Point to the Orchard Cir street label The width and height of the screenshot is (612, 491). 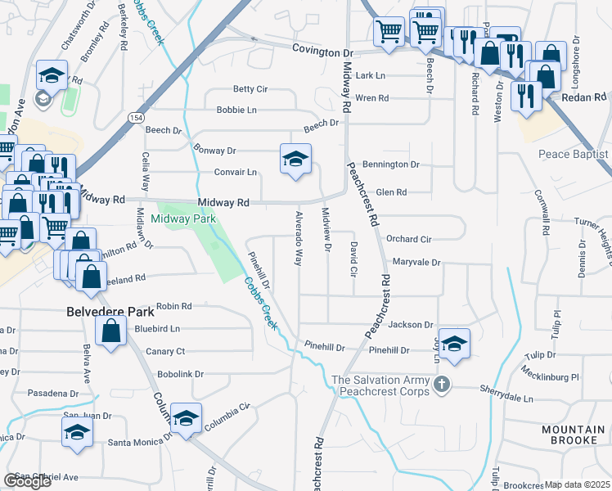click(x=408, y=240)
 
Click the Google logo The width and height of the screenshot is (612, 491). click(x=27, y=481)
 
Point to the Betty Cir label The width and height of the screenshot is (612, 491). click(x=250, y=89)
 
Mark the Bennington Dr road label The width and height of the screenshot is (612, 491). click(x=391, y=164)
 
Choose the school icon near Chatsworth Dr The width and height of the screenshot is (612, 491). click(x=52, y=77)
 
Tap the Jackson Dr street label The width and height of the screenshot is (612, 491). click(x=409, y=325)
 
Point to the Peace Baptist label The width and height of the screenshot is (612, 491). click(x=574, y=155)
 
